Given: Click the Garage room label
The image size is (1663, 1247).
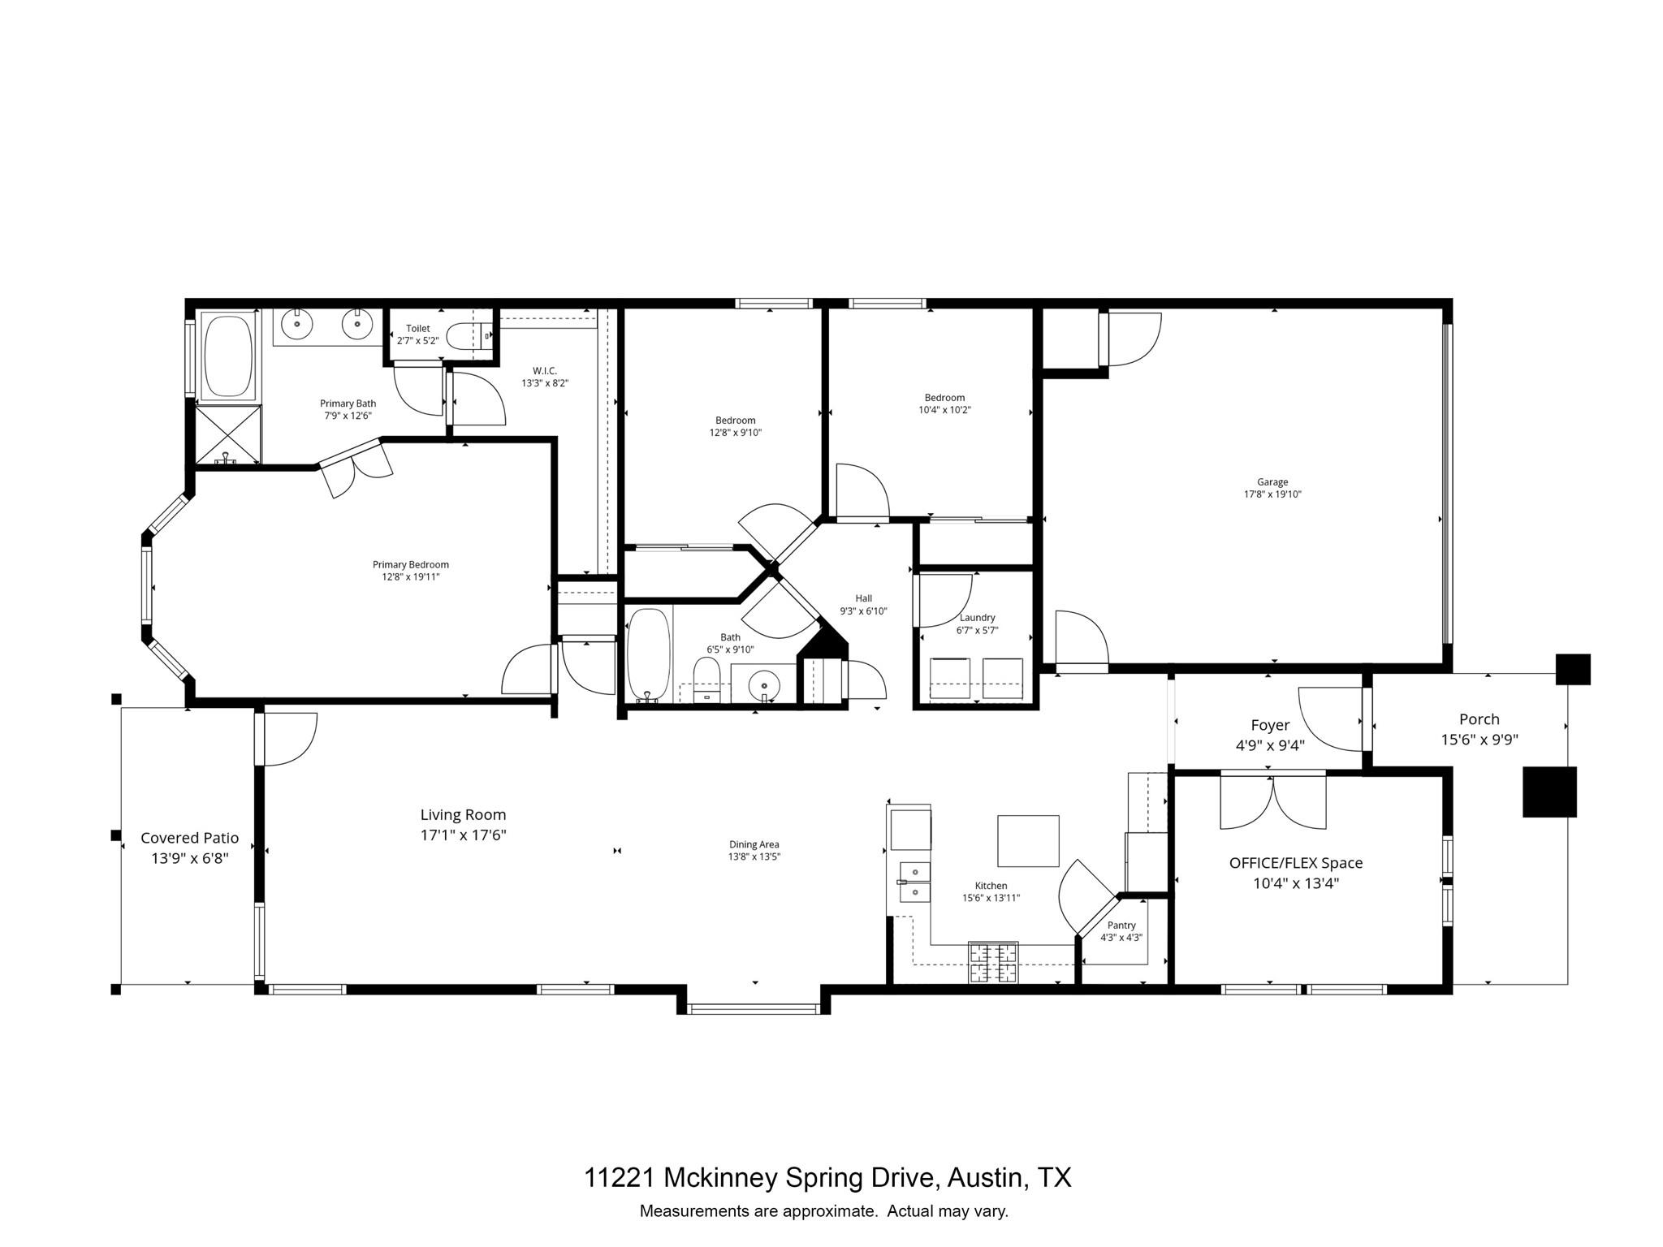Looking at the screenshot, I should point(1272,482).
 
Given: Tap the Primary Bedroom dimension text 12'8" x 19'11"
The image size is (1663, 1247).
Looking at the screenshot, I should point(411,577).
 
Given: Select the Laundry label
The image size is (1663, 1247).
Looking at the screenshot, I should point(976,618).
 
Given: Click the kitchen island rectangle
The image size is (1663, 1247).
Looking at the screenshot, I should point(1028,841).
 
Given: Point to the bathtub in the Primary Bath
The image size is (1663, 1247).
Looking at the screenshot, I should point(227,356).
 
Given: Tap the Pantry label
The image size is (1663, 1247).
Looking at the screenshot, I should point(1121,926).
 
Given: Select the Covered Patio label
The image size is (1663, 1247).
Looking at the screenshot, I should point(190,838).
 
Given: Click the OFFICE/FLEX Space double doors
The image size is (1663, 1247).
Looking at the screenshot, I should point(1272,802).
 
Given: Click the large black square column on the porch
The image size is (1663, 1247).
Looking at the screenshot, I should point(1549,792).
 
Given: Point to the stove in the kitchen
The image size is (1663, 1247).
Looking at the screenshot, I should point(993,963).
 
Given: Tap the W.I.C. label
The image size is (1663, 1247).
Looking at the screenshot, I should point(544,371).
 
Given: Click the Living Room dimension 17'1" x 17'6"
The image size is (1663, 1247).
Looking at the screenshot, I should point(463,835).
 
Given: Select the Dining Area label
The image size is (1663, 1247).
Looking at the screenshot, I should point(754,844).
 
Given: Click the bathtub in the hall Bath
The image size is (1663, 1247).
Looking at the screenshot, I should point(649,654).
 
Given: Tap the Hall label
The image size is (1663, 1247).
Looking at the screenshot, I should point(863,598).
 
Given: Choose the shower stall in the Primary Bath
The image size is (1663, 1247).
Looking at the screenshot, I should point(228,435).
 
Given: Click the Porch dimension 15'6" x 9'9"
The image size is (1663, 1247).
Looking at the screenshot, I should point(1479,740).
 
